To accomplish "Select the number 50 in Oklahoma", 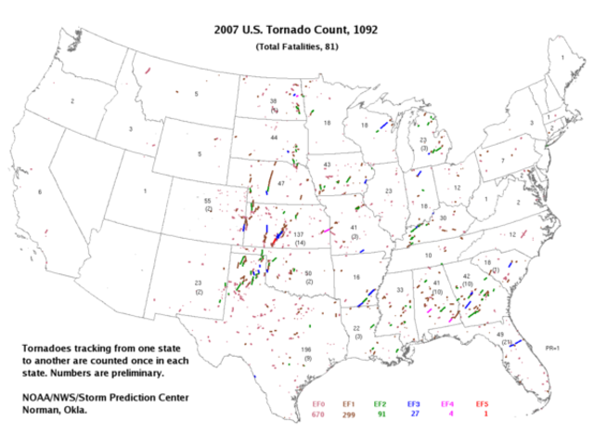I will click(308, 273).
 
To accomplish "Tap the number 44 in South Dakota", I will click(274, 138).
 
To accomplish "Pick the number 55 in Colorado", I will click(208, 202).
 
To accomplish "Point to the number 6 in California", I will click(39, 192).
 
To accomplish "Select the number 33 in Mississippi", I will click(400, 290).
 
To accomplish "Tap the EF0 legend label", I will click(318, 404).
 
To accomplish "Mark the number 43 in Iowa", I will click(327, 165).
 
